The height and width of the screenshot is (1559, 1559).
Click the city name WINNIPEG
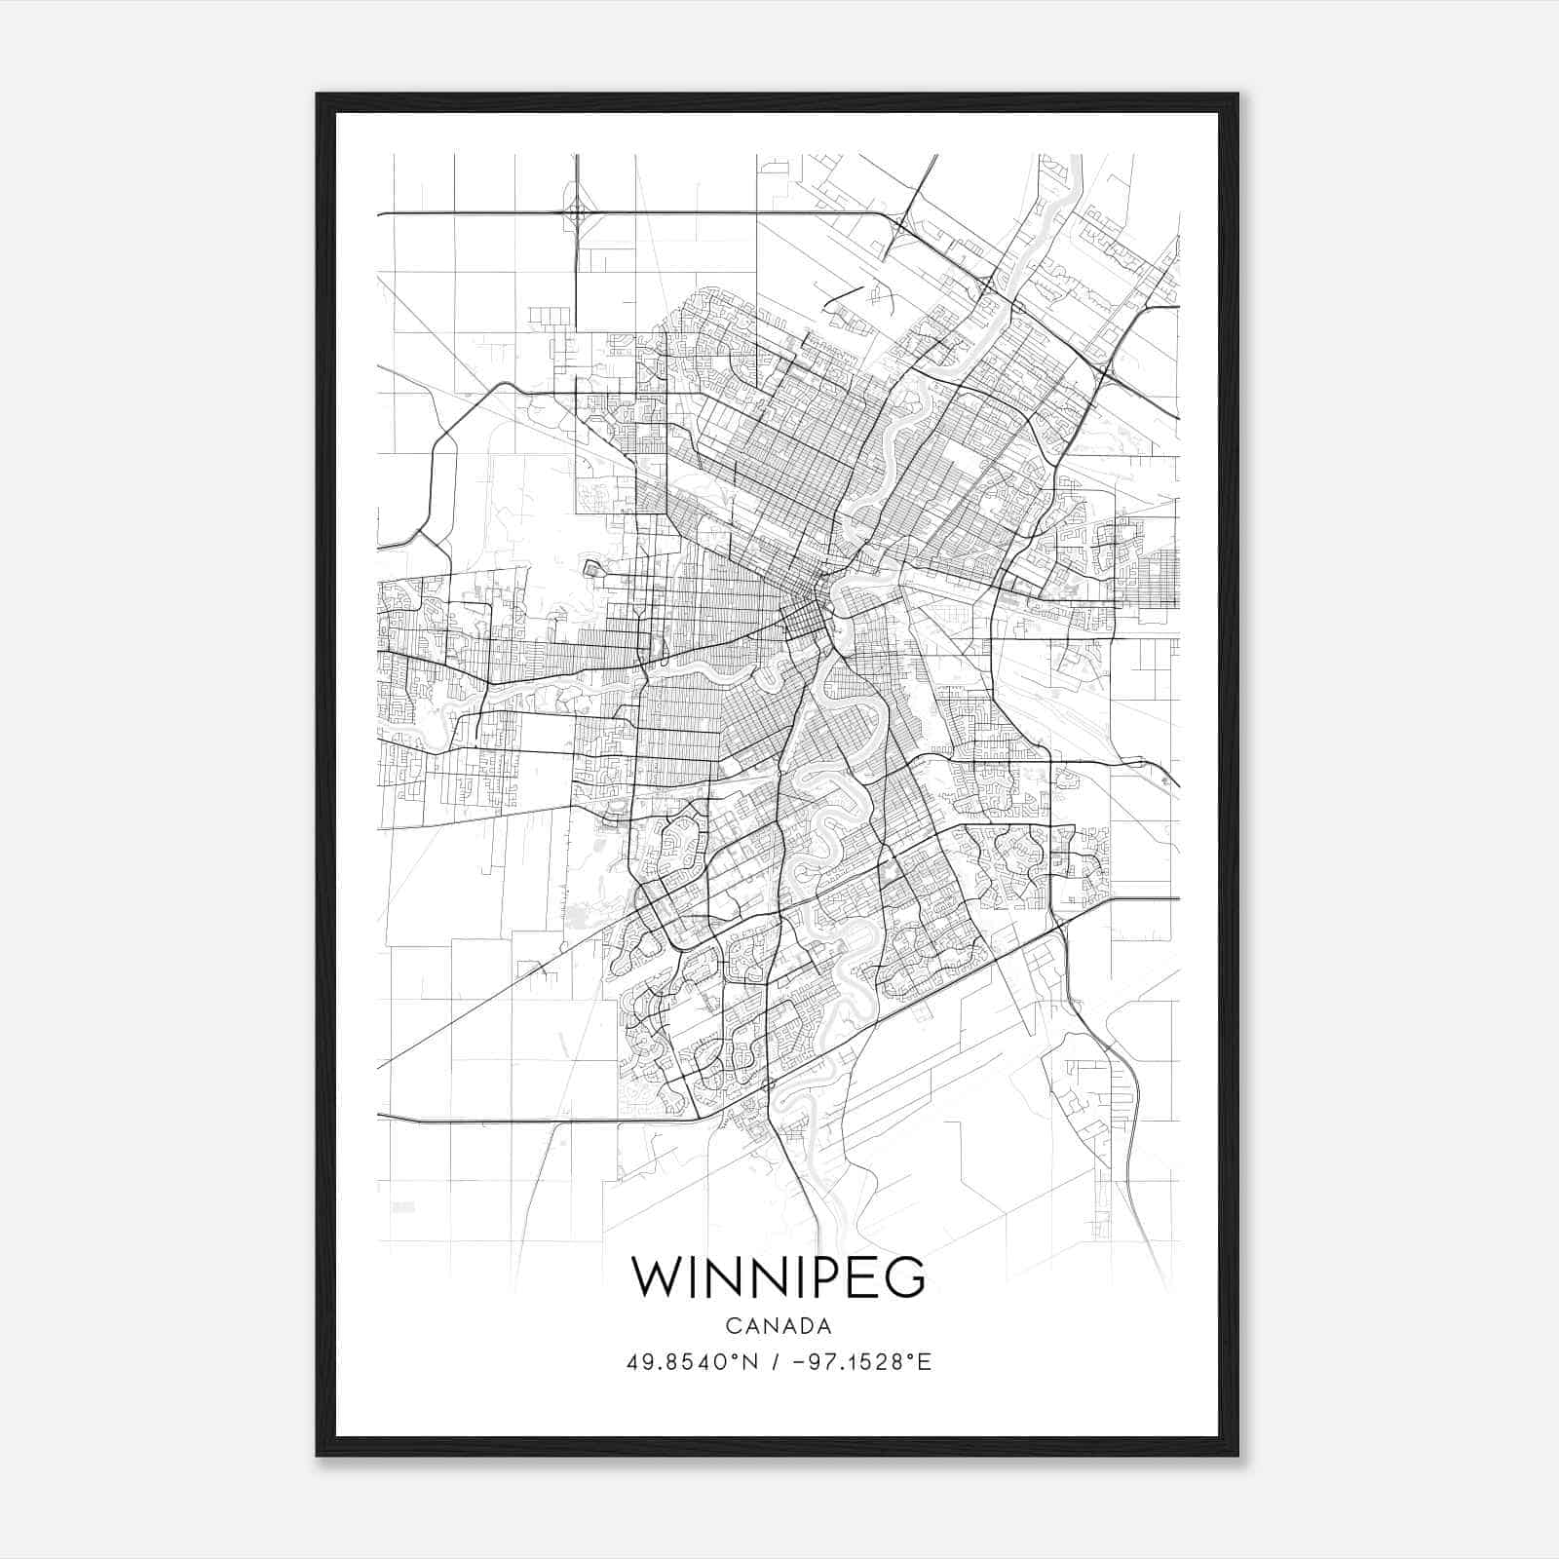pyautogui.click(x=779, y=1277)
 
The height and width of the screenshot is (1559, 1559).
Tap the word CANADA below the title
pyautogui.click(x=779, y=1326)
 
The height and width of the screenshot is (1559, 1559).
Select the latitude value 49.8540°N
pyautogui.click(x=691, y=1361)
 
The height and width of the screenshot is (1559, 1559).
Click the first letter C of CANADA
pyautogui.click(x=732, y=1326)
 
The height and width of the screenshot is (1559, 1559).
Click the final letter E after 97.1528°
pyautogui.click(x=926, y=1361)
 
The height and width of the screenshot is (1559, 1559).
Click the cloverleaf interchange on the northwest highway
pyautogui.click(x=578, y=211)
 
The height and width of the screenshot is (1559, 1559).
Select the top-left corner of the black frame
pyautogui.click(x=318, y=95)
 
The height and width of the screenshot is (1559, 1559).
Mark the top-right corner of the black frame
pyautogui.click(x=1237, y=95)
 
